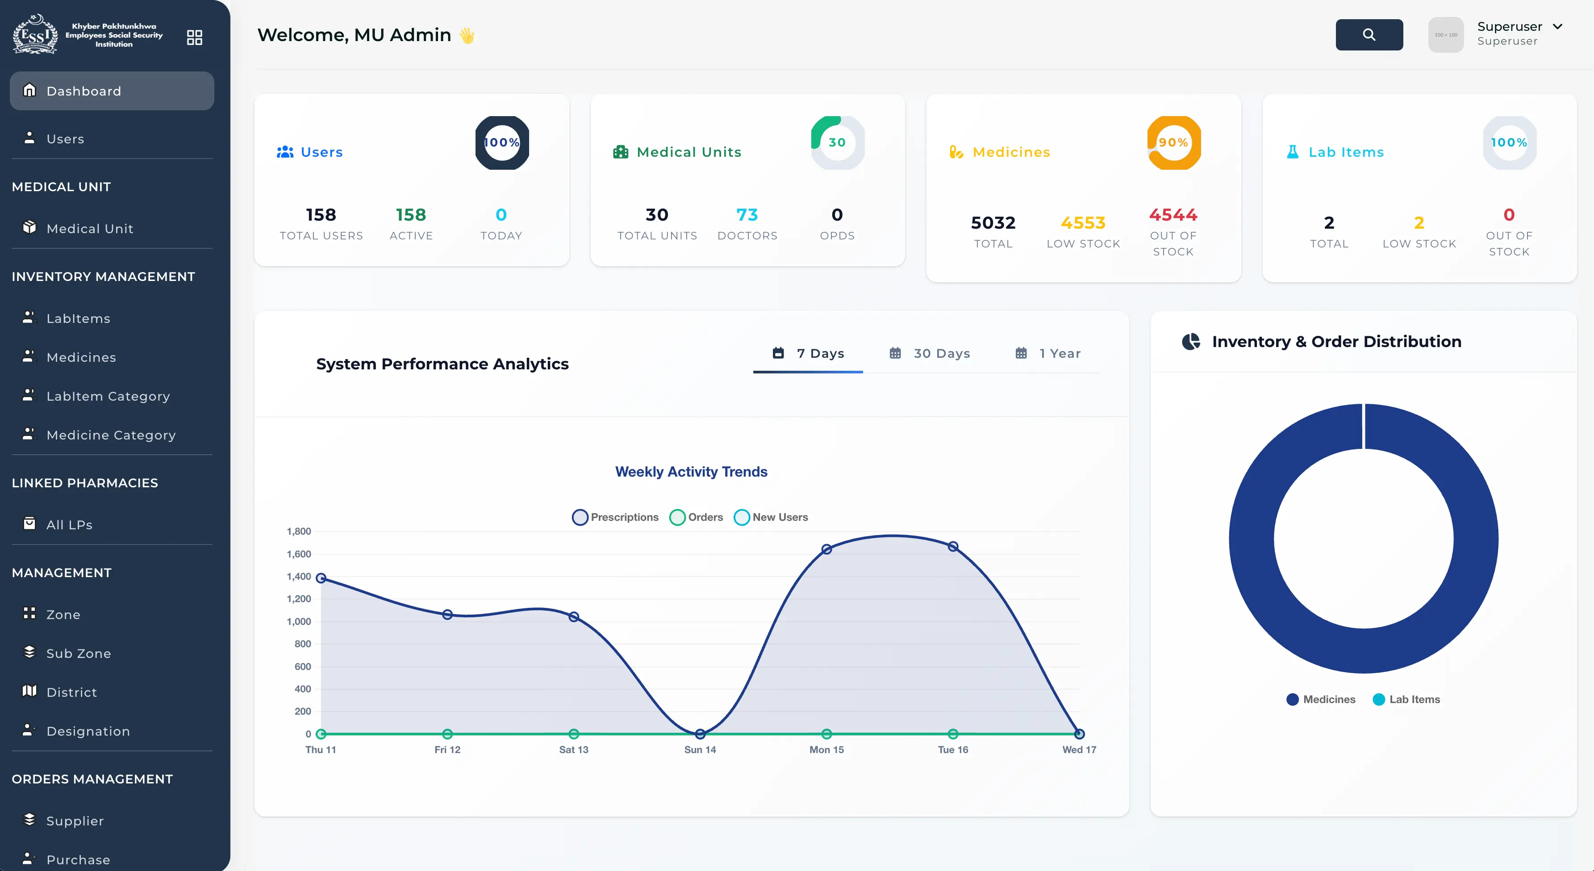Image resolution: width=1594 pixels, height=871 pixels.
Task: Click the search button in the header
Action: [1369, 35]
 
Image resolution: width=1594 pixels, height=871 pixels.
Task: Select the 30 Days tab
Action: [930, 353]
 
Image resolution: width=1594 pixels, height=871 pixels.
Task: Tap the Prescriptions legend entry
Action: [616, 517]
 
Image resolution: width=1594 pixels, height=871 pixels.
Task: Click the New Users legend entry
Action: [771, 517]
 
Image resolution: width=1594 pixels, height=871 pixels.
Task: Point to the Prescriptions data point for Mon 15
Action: [827, 549]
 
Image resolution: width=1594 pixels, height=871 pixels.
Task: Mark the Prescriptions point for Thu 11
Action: [321, 578]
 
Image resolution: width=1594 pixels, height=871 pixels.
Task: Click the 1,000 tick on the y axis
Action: [299, 621]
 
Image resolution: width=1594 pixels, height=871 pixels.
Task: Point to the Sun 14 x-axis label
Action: [700, 750]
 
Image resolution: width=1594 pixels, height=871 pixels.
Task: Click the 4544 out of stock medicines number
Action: [1173, 215]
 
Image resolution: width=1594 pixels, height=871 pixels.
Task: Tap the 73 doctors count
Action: [747, 215]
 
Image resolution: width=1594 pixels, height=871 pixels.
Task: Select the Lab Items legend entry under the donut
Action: [1406, 699]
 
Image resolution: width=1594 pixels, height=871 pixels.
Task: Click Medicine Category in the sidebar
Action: [111, 435]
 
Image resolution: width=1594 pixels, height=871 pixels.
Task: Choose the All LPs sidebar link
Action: [69, 525]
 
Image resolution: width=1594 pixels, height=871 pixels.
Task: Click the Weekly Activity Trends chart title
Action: [691, 472]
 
